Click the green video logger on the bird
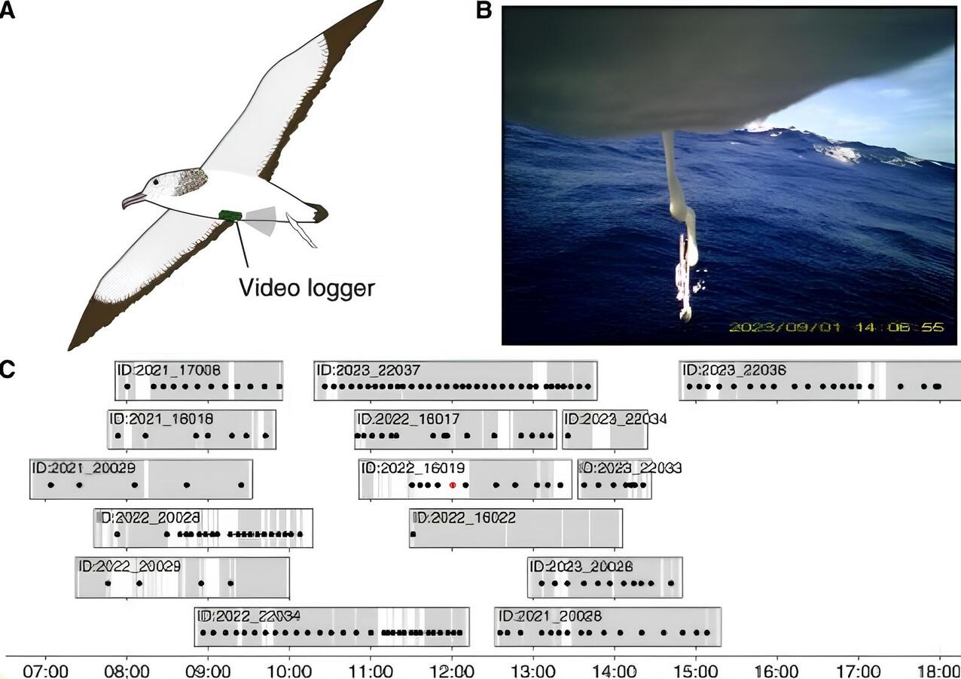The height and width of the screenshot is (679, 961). (230, 215)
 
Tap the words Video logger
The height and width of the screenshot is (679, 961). (306, 287)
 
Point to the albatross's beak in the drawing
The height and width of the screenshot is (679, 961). (133, 200)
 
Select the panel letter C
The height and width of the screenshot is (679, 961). (7, 370)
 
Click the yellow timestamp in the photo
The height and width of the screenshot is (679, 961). (835, 327)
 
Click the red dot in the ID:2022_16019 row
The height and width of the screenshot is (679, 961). (452, 486)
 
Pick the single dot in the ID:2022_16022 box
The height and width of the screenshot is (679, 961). (413, 534)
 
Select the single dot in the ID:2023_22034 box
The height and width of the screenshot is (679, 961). (568, 435)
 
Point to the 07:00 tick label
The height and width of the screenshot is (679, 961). (45, 669)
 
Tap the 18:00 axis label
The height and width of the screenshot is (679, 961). (938, 669)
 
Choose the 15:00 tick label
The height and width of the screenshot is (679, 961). (694, 669)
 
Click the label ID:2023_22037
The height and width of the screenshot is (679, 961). (368, 370)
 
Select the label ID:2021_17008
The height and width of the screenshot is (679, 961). (168, 370)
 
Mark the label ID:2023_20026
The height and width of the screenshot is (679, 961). (581, 567)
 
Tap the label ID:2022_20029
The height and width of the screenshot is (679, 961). (130, 566)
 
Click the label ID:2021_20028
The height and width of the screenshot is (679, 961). (550, 616)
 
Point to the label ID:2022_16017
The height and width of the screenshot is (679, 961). (408, 419)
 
